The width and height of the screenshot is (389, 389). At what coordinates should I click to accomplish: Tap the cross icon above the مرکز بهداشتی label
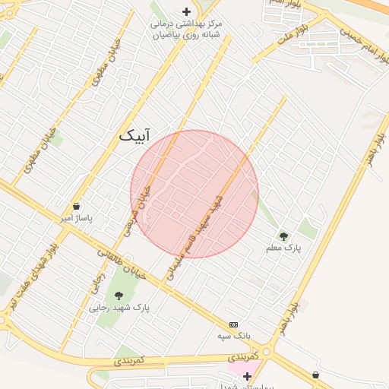coord(187,11)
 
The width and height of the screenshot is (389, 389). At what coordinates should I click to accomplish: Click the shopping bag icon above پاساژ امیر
coord(76,206)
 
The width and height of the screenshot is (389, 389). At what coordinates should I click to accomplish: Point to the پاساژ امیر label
coord(76,218)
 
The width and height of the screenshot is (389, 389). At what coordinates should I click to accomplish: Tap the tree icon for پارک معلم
coord(284,236)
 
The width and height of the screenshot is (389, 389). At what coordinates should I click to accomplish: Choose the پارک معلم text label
coord(284,248)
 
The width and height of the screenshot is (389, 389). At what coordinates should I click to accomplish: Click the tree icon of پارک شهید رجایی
coord(119,296)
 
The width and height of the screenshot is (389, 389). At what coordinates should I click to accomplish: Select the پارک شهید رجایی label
coord(119,308)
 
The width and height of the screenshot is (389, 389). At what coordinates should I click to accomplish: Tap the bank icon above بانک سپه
coord(233,324)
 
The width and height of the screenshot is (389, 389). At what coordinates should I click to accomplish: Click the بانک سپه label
coord(233,335)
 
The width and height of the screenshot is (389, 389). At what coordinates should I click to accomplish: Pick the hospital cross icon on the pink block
coord(247,375)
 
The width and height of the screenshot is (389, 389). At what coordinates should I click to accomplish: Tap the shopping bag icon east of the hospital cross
coord(315,375)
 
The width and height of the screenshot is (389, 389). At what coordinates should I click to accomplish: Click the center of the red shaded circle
coord(194,194)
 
